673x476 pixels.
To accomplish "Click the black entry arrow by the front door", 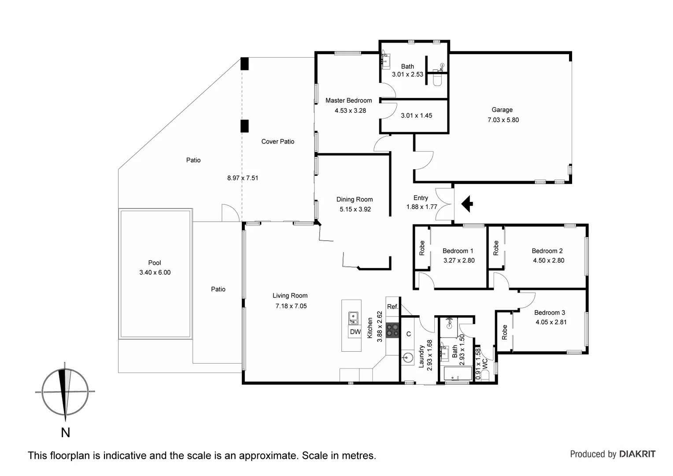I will click(467, 204).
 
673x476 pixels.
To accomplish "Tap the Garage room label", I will click(502, 110).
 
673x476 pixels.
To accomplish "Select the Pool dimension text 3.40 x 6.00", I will click(155, 272).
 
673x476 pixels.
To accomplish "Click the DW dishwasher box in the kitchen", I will click(355, 332).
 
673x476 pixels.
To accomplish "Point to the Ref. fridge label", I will click(392, 307).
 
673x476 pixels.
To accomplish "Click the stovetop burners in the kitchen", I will click(392, 331).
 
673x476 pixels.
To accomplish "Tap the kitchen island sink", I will click(353, 316).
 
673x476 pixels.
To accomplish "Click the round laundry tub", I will click(407, 358).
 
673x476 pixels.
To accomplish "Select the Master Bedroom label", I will click(348, 100).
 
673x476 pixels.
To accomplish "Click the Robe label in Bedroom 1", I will click(422, 248).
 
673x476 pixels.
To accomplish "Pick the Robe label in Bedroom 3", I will click(505, 332).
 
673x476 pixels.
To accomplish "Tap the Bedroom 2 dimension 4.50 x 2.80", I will click(548, 260).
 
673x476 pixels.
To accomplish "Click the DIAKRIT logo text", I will click(637, 454).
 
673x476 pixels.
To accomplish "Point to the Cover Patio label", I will click(277, 141).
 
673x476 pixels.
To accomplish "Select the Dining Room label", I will click(355, 199).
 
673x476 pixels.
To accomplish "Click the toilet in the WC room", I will click(485, 375).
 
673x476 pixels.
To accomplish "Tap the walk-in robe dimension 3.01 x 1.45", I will click(416, 115).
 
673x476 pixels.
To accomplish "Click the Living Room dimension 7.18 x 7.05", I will click(291, 306).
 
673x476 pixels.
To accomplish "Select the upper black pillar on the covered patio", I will click(244, 64).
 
